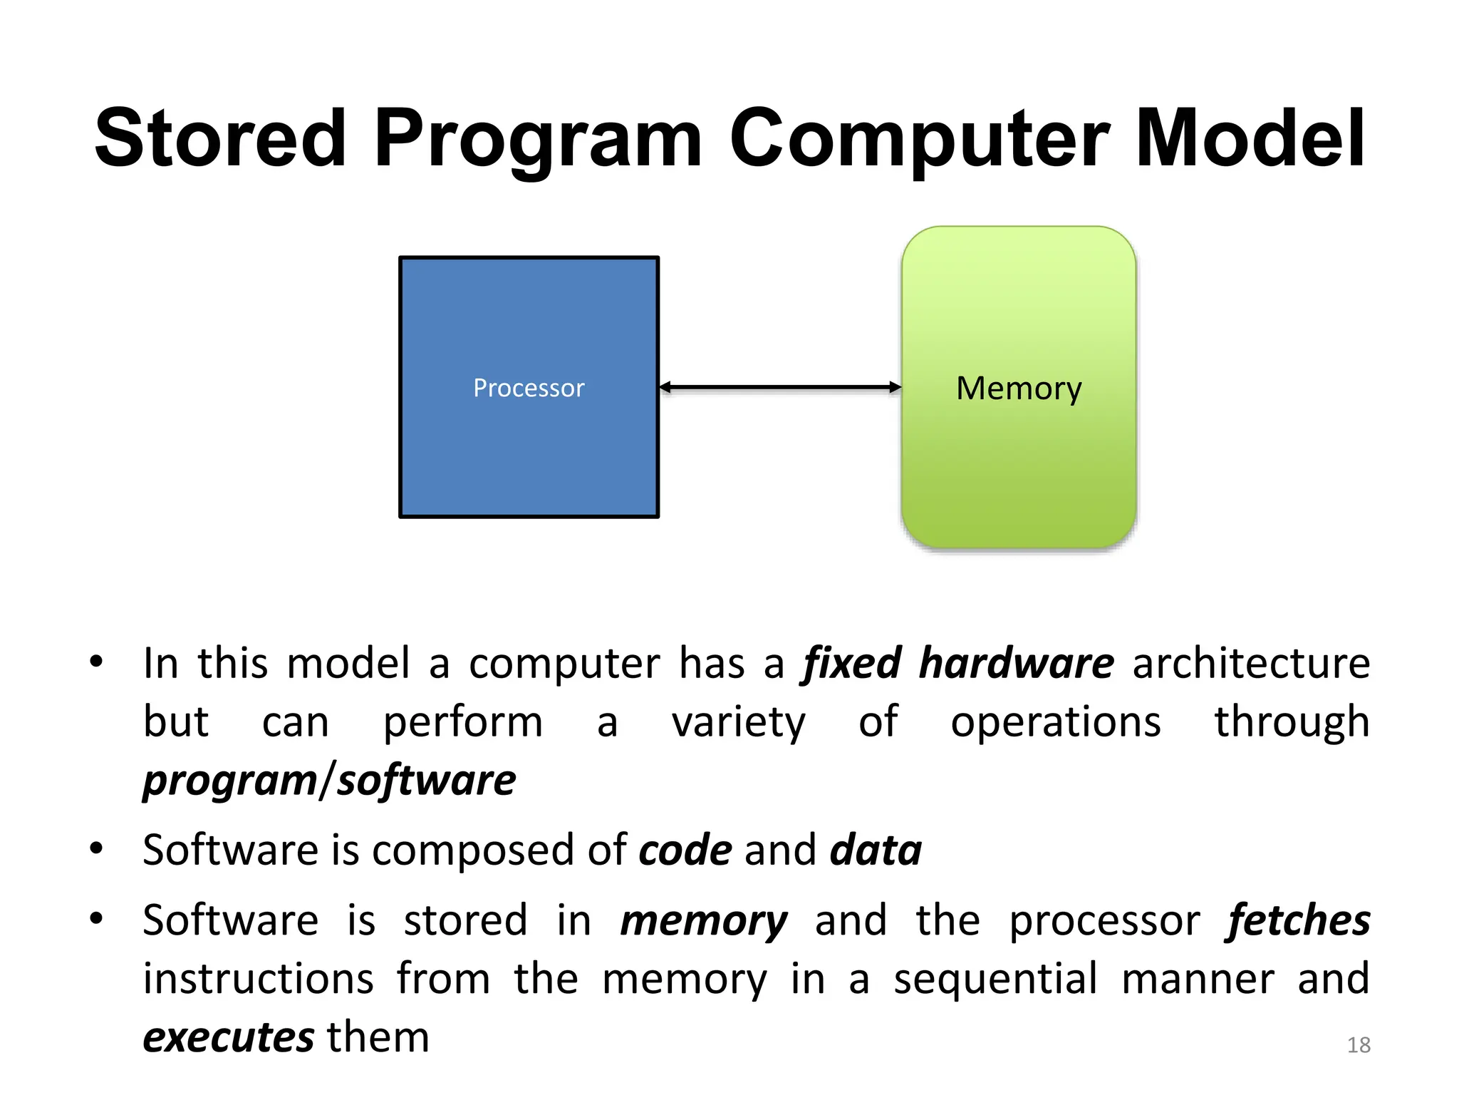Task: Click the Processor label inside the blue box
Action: click(x=529, y=388)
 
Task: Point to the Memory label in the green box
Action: click(x=1019, y=389)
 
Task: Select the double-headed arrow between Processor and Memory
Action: click(x=780, y=387)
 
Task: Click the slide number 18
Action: click(x=1359, y=1045)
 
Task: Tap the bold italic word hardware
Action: click(x=1016, y=663)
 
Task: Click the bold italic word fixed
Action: click(x=852, y=663)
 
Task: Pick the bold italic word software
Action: click(x=426, y=780)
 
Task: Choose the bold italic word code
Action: click(x=685, y=850)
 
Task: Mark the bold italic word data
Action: click(x=876, y=850)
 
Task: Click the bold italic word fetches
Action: click(x=1297, y=920)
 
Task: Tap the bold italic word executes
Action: click(x=229, y=1037)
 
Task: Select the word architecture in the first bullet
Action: click(x=1251, y=663)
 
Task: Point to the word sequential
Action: click(x=995, y=978)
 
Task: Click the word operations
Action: click(x=1056, y=721)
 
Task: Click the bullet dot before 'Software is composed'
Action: click(x=96, y=848)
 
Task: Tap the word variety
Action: click(x=739, y=721)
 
